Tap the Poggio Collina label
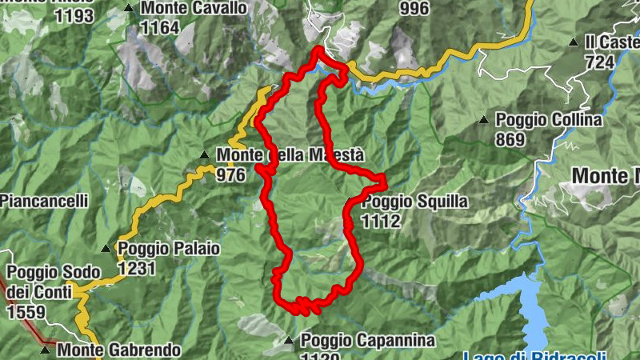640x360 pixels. pyautogui.click(x=548, y=120)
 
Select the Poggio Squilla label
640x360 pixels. pyautogui.click(x=414, y=202)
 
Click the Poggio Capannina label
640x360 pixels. pyautogui.click(x=368, y=342)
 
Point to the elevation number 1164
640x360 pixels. pyautogui.click(x=158, y=28)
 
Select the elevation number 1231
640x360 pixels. pyautogui.click(x=136, y=269)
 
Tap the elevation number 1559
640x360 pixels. pyautogui.click(x=26, y=312)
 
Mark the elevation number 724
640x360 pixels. pyautogui.click(x=600, y=62)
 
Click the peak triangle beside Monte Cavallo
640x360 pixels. pyautogui.click(x=130, y=9)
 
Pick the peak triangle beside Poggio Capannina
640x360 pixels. pyautogui.click(x=289, y=342)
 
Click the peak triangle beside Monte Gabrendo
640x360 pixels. pyautogui.click(x=45, y=350)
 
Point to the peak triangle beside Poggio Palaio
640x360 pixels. pyautogui.click(x=105, y=249)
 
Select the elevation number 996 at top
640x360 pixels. pyautogui.click(x=414, y=9)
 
